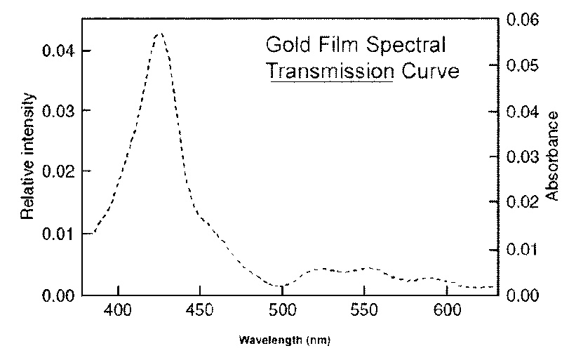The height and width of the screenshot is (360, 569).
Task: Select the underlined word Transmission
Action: pyautogui.click(x=329, y=71)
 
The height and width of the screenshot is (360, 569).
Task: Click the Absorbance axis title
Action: pyautogui.click(x=552, y=155)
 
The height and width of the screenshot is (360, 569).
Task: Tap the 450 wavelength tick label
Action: pyautogui.click(x=199, y=309)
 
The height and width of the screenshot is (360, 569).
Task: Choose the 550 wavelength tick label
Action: pyautogui.click(x=363, y=309)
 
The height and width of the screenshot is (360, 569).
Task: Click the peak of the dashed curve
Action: pyautogui.click(x=160, y=32)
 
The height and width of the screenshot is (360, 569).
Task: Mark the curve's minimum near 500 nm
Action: pyautogui.click(x=281, y=286)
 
